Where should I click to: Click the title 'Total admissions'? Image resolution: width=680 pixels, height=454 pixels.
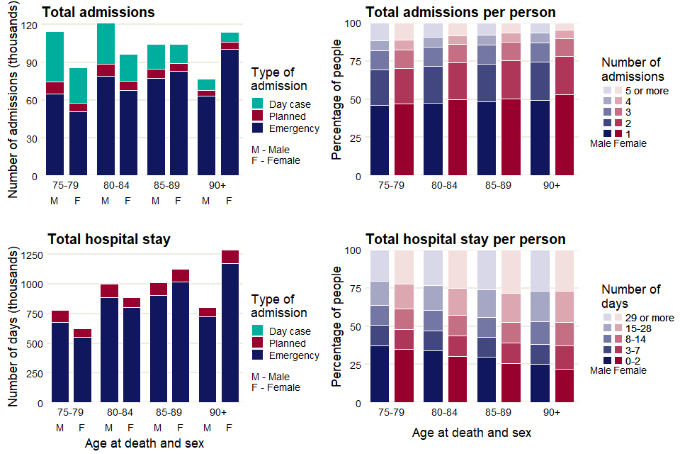[98, 12]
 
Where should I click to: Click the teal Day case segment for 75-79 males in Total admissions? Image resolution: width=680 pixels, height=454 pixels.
[55, 57]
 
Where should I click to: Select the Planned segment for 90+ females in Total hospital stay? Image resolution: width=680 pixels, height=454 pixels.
[230, 257]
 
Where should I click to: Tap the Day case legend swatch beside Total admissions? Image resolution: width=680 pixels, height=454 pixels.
[258, 104]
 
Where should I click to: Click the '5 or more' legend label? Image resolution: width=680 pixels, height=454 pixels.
[646, 91]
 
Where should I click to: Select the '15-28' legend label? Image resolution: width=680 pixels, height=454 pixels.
[639, 328]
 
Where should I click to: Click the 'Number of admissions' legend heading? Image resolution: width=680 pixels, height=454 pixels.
[632, 70]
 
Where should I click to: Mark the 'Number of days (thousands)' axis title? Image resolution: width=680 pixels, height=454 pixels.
[13, 328]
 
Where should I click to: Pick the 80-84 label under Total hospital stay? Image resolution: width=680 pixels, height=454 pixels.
[119, 412]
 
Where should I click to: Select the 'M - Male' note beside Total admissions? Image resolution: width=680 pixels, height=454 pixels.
[271, 150]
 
